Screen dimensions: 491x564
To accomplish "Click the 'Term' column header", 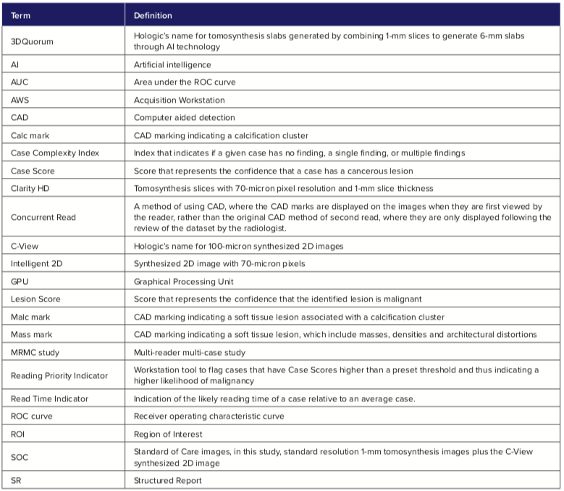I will (21, 14).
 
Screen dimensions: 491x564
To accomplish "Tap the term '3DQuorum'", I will (33, 41).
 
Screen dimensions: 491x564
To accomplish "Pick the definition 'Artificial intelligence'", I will (172, 64).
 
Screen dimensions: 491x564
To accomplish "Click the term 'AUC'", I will (20, 82).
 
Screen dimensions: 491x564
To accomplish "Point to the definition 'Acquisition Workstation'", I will (180, 100).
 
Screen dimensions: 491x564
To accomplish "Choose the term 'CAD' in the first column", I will (20, 117).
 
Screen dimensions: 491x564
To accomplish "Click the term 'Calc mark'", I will (30, 135).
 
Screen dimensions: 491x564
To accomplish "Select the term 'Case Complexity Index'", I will (55, 153).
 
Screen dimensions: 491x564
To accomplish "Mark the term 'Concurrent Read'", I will (43, 217).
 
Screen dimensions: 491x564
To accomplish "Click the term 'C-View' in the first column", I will (25, 246).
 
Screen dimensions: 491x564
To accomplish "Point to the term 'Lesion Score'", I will (35, 299).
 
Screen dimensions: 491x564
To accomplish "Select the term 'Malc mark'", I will (30, 317).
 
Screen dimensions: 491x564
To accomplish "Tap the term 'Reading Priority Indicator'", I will (59, 375).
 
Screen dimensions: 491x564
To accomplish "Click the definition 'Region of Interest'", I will (167, 434).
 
